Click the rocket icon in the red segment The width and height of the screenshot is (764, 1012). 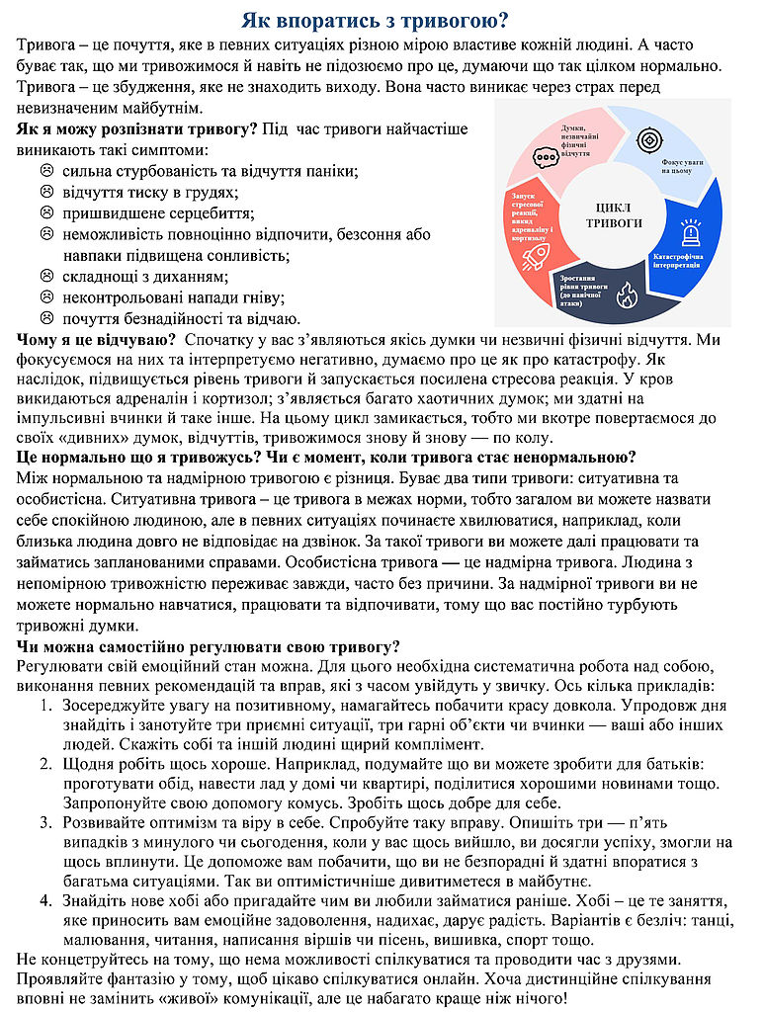pos(535,257)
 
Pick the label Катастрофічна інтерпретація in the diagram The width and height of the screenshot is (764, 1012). pos(677,261)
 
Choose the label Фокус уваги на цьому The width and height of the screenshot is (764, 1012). pos(683,165)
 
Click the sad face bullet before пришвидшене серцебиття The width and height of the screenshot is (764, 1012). pos(45,212)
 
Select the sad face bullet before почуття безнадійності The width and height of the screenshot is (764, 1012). pos(45,318)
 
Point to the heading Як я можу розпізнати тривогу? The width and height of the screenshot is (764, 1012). pos(137,129)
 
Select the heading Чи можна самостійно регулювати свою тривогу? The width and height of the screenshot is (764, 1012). pos(209,647)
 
